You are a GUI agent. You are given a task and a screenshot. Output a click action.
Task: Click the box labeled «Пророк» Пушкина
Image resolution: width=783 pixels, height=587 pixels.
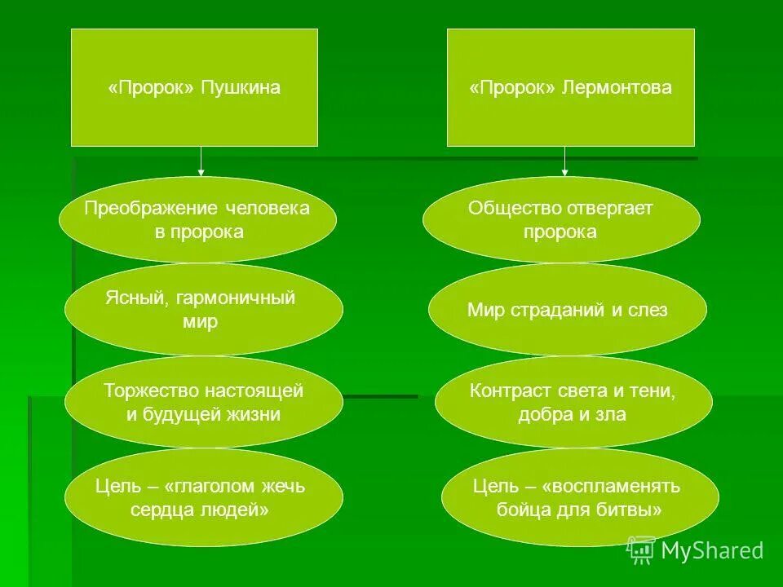click(x=194, y=88)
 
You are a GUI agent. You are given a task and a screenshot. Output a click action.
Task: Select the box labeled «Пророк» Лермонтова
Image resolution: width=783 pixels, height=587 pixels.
click(x=571, y=88)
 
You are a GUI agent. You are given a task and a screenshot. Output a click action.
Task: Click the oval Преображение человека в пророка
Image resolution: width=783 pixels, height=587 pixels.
click(x=197, y=220)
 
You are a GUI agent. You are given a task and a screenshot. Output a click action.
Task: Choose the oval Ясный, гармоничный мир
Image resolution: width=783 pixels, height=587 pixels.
click(x=204, y=310)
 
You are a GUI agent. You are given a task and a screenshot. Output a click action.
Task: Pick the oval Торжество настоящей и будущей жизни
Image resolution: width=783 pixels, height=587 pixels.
click(x=204, y=403)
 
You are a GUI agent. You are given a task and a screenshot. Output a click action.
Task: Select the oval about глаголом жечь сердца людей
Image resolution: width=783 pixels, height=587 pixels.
click(x=204, y=497)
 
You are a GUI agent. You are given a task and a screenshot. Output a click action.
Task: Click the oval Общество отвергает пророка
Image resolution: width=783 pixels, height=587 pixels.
click(x=560, y=220)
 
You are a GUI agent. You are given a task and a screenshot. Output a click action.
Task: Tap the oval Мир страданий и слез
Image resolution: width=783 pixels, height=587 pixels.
click(x=567, y=310)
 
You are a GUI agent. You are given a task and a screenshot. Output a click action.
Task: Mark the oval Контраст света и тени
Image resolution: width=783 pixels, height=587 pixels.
click(x=573, y=403)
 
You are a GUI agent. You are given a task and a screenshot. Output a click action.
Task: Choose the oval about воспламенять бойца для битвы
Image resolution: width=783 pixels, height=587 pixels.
click(x=579, y=497)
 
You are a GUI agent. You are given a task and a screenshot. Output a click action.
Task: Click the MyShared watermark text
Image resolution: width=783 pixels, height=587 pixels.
click(x=712, y=551)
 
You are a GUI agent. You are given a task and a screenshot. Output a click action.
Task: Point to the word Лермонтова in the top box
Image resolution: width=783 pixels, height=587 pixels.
click(x=617, y=88)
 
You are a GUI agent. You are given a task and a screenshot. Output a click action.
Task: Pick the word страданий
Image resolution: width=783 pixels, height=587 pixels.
click(x=556, y=310)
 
